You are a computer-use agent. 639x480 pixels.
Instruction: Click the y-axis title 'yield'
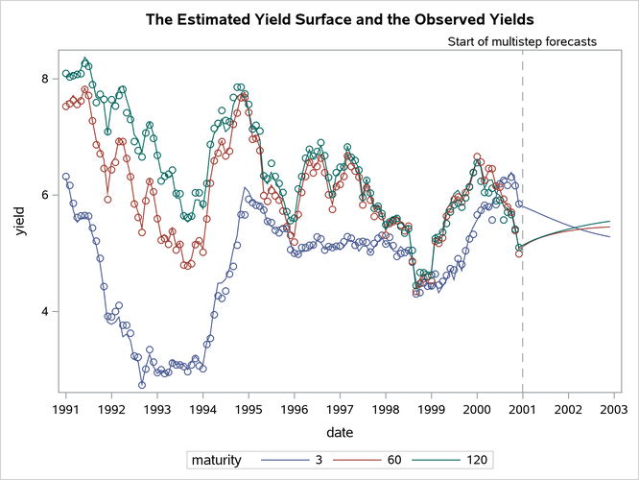(19, 225)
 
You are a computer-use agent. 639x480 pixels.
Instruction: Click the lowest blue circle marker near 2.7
(141, 384)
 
